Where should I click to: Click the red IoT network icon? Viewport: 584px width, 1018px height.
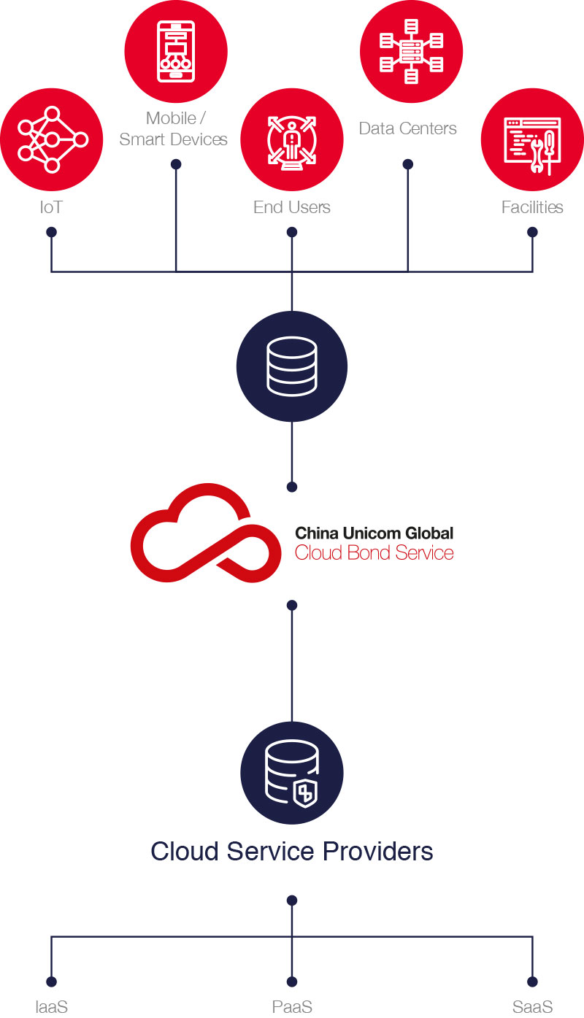pos(51,139)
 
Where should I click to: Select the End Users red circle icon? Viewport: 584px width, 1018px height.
pos(292,139)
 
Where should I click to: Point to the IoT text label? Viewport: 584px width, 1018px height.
pos(51,207)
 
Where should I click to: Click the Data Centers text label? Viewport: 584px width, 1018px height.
pos(407,128)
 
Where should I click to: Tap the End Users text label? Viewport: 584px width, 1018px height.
pos(292,207)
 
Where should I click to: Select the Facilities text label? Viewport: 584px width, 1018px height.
pos(532,207)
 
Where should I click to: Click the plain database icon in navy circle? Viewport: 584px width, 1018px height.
pos(292,366)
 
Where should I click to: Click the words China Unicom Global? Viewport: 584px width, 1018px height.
pos(374,533)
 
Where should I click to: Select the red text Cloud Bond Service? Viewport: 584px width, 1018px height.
pos(374,552)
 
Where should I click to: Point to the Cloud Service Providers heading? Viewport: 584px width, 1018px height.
pos(292,851)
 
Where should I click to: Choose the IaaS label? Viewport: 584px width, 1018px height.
pos(51,1006)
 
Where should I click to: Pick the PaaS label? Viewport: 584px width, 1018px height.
pos(292,1006)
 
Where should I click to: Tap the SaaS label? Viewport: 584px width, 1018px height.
pos(532,1006)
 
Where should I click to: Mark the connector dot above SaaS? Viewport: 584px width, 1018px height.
pos(532,982)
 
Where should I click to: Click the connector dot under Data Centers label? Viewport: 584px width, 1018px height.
pos(408,164)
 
